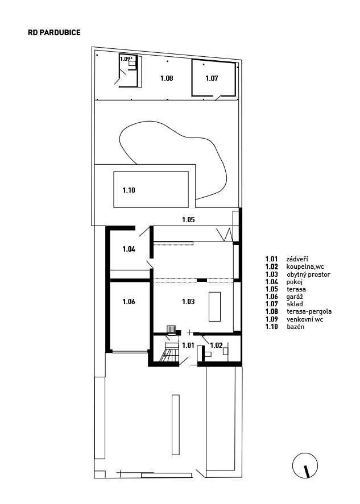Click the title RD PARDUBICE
(54, 32)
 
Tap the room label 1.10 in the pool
(129, 190)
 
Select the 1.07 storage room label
(212, 78)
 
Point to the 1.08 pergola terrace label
(167, 78)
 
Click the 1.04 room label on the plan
(129, 249)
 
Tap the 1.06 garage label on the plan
(129, 302)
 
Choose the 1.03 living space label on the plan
(188, 302)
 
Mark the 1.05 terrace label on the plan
(188, 220)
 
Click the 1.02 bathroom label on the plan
(216, 345)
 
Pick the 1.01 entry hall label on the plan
(188, 345)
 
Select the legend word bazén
(295, 327)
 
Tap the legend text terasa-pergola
(309, 311)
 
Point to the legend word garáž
(295, 297)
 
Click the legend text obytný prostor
(308, 274)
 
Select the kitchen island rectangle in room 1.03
(214, 307)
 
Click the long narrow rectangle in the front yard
(175, 424)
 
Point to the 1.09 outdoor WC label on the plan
(126, 59)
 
